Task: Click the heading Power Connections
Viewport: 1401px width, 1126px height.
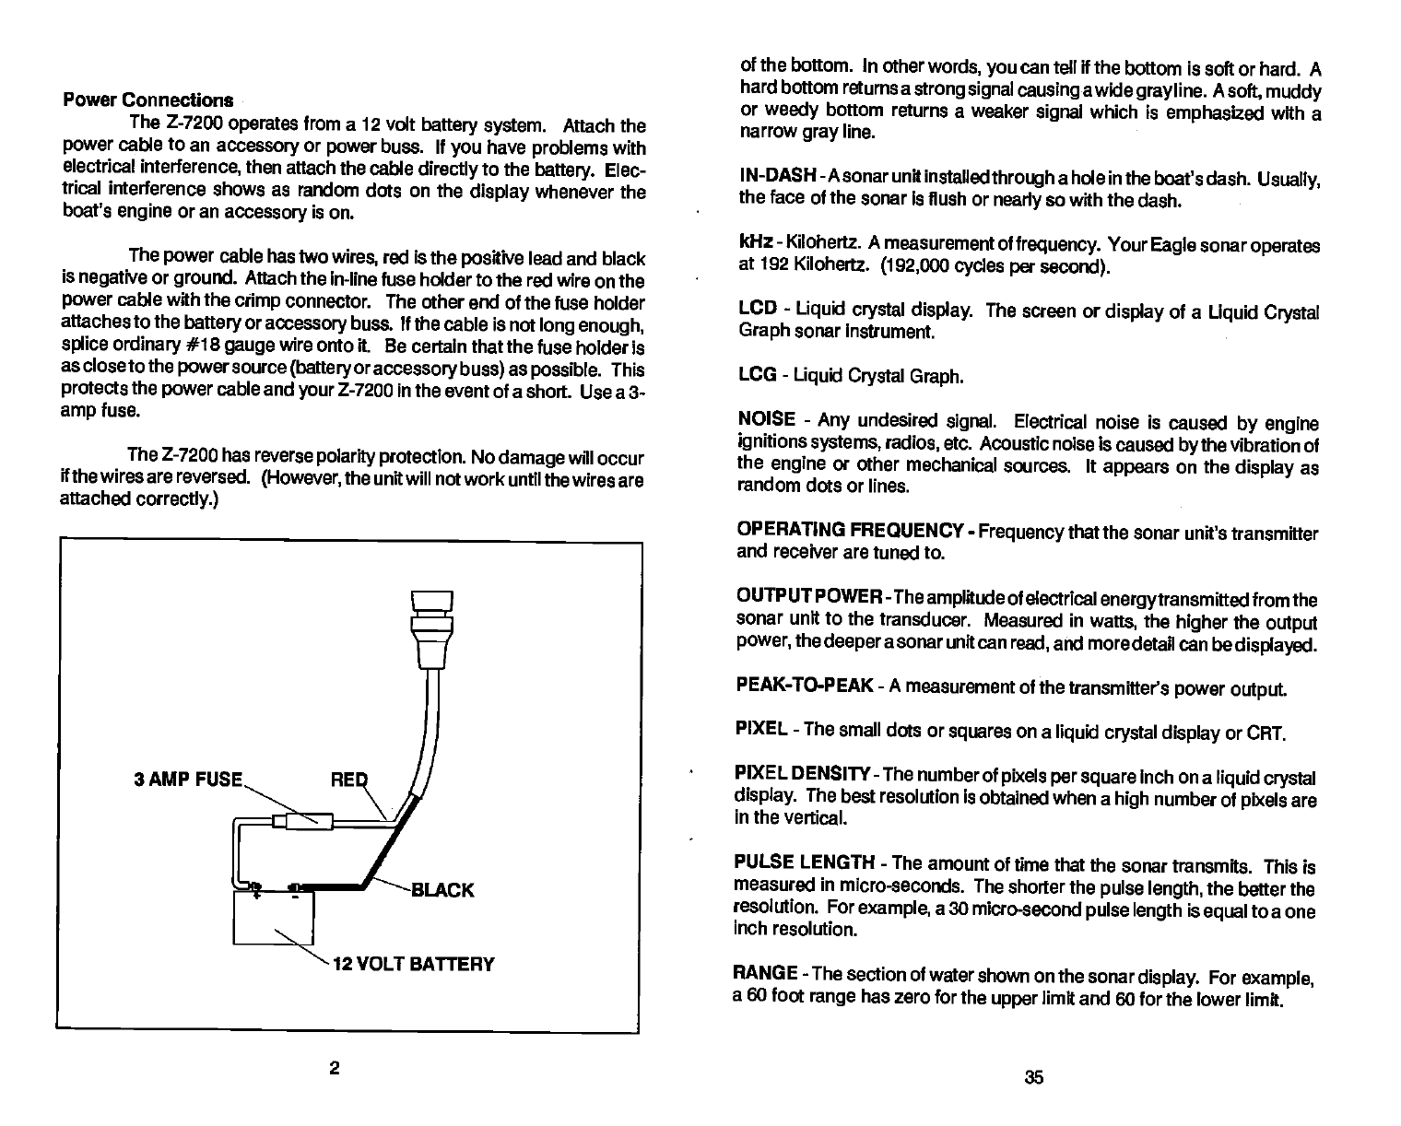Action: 147,100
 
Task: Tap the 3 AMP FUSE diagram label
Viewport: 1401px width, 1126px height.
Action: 187,780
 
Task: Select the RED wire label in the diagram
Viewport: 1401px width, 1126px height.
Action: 348,780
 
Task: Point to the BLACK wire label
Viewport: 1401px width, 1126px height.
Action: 442,890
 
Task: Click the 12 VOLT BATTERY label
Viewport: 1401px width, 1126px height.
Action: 414,964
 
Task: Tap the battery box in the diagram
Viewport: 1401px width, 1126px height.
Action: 274,918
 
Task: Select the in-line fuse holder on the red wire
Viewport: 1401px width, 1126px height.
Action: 303,819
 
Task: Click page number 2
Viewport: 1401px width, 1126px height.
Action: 336,1068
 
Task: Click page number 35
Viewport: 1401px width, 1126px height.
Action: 1032,1077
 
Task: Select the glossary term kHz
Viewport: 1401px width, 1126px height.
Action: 754,246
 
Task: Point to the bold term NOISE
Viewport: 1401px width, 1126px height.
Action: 767,421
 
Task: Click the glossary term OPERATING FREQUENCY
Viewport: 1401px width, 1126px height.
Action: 851,530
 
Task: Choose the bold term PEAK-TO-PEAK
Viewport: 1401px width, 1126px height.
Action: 805,686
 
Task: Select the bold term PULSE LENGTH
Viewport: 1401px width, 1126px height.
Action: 805,863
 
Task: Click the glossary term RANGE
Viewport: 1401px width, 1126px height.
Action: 766,974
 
